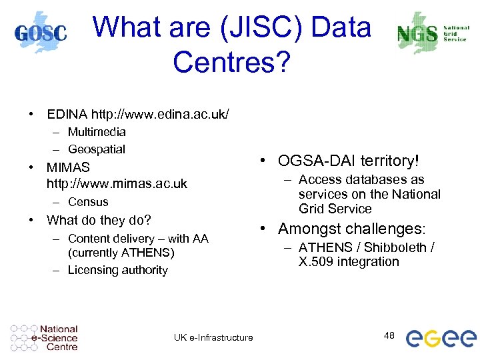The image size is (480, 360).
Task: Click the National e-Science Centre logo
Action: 45,337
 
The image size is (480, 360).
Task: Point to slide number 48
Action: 389,335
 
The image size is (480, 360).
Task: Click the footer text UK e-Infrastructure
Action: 213,337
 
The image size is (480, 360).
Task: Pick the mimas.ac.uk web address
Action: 117,183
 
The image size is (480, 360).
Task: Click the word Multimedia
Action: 97,131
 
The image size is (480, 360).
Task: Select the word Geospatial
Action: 97,149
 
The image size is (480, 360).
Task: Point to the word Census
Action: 88,201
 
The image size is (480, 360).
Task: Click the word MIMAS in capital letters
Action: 68,167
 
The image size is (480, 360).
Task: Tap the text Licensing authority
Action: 117,270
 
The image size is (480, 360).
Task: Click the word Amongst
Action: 309,229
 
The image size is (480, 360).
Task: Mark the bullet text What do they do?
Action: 99,220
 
